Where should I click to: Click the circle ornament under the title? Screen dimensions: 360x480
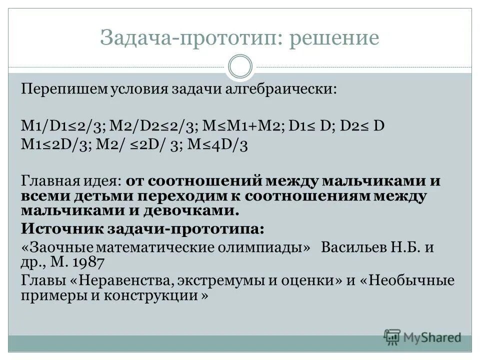click(240, 67)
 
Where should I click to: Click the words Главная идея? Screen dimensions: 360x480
click(71, 180)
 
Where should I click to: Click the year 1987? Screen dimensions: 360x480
click(88, 262)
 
